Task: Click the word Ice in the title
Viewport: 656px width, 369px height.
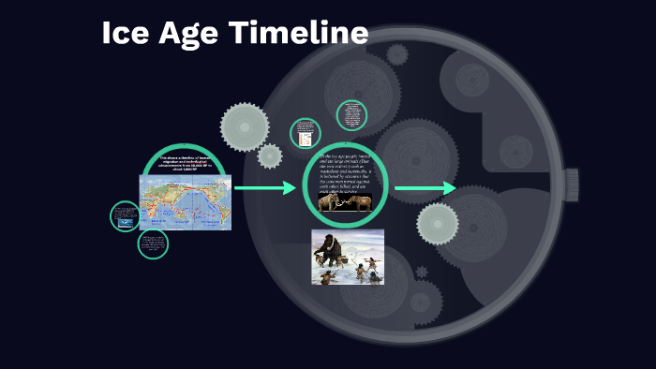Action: [124, 34]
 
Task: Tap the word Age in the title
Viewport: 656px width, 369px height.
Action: [190, 34]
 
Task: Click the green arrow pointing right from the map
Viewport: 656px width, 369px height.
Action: [264, 189]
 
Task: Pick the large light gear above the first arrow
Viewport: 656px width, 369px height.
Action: [245, 125]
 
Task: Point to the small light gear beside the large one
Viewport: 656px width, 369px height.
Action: [270, 156]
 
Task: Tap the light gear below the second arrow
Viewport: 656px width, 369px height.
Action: [438, 224]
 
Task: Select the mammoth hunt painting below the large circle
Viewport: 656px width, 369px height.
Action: [347, 256]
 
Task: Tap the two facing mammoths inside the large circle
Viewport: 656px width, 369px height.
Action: [345, 201]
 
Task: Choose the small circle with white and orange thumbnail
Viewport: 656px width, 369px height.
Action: [306, 133]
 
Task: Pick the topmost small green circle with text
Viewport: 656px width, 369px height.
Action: [352, 115]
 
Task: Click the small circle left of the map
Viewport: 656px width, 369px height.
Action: [125, 216]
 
